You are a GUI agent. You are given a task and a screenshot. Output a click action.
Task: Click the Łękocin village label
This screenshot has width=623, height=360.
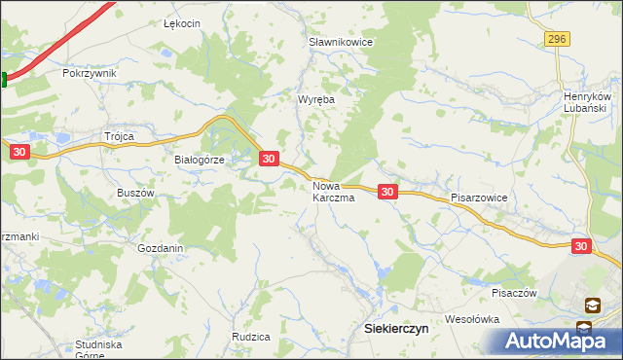pyautogui.click(x=182, y=23)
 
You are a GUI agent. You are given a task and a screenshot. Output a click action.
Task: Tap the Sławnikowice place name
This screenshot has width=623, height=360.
pyautogui.click(x=341, y=43)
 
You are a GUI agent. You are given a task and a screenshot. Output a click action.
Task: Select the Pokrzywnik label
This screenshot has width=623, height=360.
pyautogui.click(x=89, y=73)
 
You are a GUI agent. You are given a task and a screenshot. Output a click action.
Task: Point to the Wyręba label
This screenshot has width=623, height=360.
pyautogui.click(x=315, y=99)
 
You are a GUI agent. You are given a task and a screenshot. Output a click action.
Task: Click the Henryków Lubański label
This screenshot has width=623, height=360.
pyautogui.click(x=587, y=102)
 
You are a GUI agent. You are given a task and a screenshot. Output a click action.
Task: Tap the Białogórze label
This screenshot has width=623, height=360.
pyautogui.click(x=199, y=161)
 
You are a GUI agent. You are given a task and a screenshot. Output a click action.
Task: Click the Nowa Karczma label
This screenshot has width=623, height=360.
pyautogui.click(x=333, y=191)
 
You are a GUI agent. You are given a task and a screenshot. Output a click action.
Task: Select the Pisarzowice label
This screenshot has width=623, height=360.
pyautogui.click(x=479, y=197)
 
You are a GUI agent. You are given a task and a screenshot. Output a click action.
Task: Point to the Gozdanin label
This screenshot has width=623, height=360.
pyautogui.click(x=161, y=248)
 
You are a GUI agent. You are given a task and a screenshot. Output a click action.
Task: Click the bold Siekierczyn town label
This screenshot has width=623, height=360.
pyautogui.click(x=395, y=329)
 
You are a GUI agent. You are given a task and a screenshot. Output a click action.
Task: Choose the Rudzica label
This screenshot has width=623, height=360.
pyautogui.click(x=250, y=337)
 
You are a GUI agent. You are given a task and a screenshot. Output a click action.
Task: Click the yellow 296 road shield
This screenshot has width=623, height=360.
pyautogui.click(x=556, y=38)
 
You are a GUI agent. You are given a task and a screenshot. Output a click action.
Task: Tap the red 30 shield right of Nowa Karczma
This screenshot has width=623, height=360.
pyautogui.click(x=387, y=193)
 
